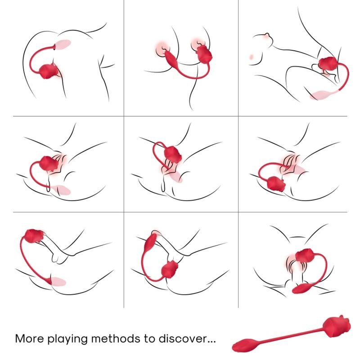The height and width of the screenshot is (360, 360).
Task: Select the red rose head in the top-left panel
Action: click(x=49, y=71)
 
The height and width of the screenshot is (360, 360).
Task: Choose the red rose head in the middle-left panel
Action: click(x=49, y=163)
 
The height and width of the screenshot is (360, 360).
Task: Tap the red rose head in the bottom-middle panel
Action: click(x=169, y=270)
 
